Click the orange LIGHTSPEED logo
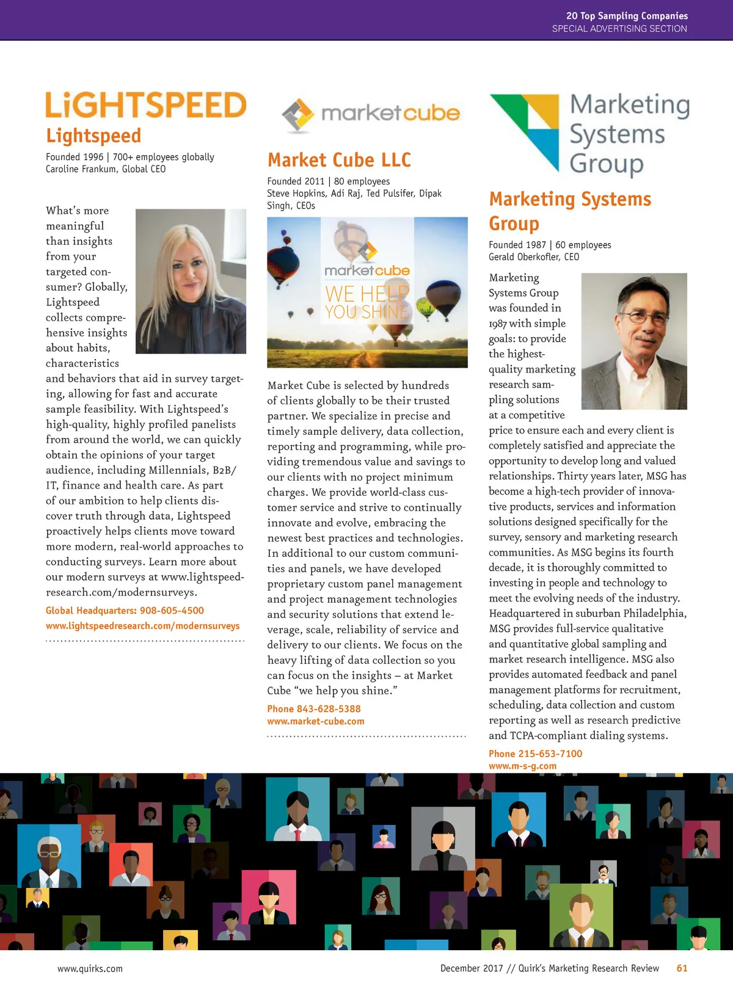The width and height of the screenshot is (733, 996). point(146,105)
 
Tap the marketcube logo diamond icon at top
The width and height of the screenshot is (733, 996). point(297,114)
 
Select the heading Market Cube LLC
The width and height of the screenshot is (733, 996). point(339,160)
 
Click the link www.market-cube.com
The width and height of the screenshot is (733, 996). point(315,722)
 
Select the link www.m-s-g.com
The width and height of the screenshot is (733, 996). point(522,766)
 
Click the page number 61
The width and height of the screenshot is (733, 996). point(682,969)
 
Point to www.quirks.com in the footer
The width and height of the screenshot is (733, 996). point(90,969)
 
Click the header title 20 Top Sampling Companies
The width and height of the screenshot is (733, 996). point(627,16)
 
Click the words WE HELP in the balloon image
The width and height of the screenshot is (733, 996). point(366,294)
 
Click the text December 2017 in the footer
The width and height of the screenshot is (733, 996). point(472,969)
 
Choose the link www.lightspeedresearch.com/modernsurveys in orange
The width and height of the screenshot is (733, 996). point(142,626)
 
